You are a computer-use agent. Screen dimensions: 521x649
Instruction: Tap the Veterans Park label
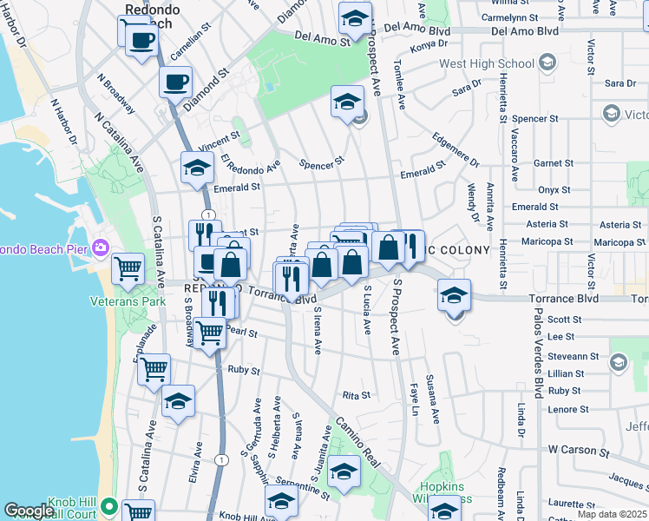point(128,301)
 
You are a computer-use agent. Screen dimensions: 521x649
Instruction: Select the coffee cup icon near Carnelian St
point(141,38)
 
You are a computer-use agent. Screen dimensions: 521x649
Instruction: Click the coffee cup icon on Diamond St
point(175,82)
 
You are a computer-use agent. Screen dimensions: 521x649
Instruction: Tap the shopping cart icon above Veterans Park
point(128,269)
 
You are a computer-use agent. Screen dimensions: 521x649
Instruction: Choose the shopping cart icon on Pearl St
point(210,331)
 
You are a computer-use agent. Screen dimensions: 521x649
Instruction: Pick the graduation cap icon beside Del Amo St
point(354,18)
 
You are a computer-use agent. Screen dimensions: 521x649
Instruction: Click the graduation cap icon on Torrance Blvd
point(454,295)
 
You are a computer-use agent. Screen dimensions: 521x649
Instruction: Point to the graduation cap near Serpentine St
point(344,472)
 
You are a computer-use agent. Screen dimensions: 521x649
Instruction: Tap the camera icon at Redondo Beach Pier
point(102,249)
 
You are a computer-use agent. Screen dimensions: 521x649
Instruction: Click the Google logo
point(29,511)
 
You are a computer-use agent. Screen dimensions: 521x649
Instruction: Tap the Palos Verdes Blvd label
point(538,347)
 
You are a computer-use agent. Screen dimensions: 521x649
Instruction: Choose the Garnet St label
point(554,162)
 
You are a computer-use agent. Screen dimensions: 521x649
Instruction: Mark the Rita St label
point(357,395)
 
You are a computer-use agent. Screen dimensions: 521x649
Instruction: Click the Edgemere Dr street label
point(455,148)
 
